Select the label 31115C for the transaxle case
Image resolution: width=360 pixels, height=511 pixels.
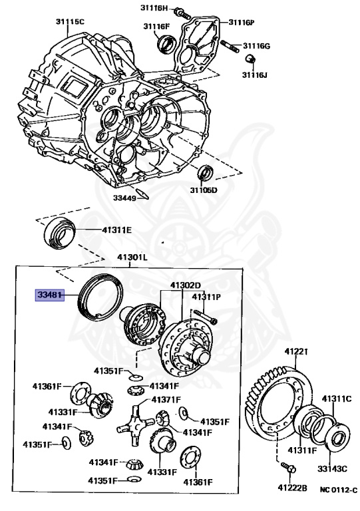click(70, 22)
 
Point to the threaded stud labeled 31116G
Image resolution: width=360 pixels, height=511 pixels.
click(230, 46)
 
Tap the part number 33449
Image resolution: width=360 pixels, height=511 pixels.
click(124, 198)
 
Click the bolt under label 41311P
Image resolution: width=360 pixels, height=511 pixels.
click(206, 317)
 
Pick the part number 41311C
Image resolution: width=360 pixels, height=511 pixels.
click(336, 399)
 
